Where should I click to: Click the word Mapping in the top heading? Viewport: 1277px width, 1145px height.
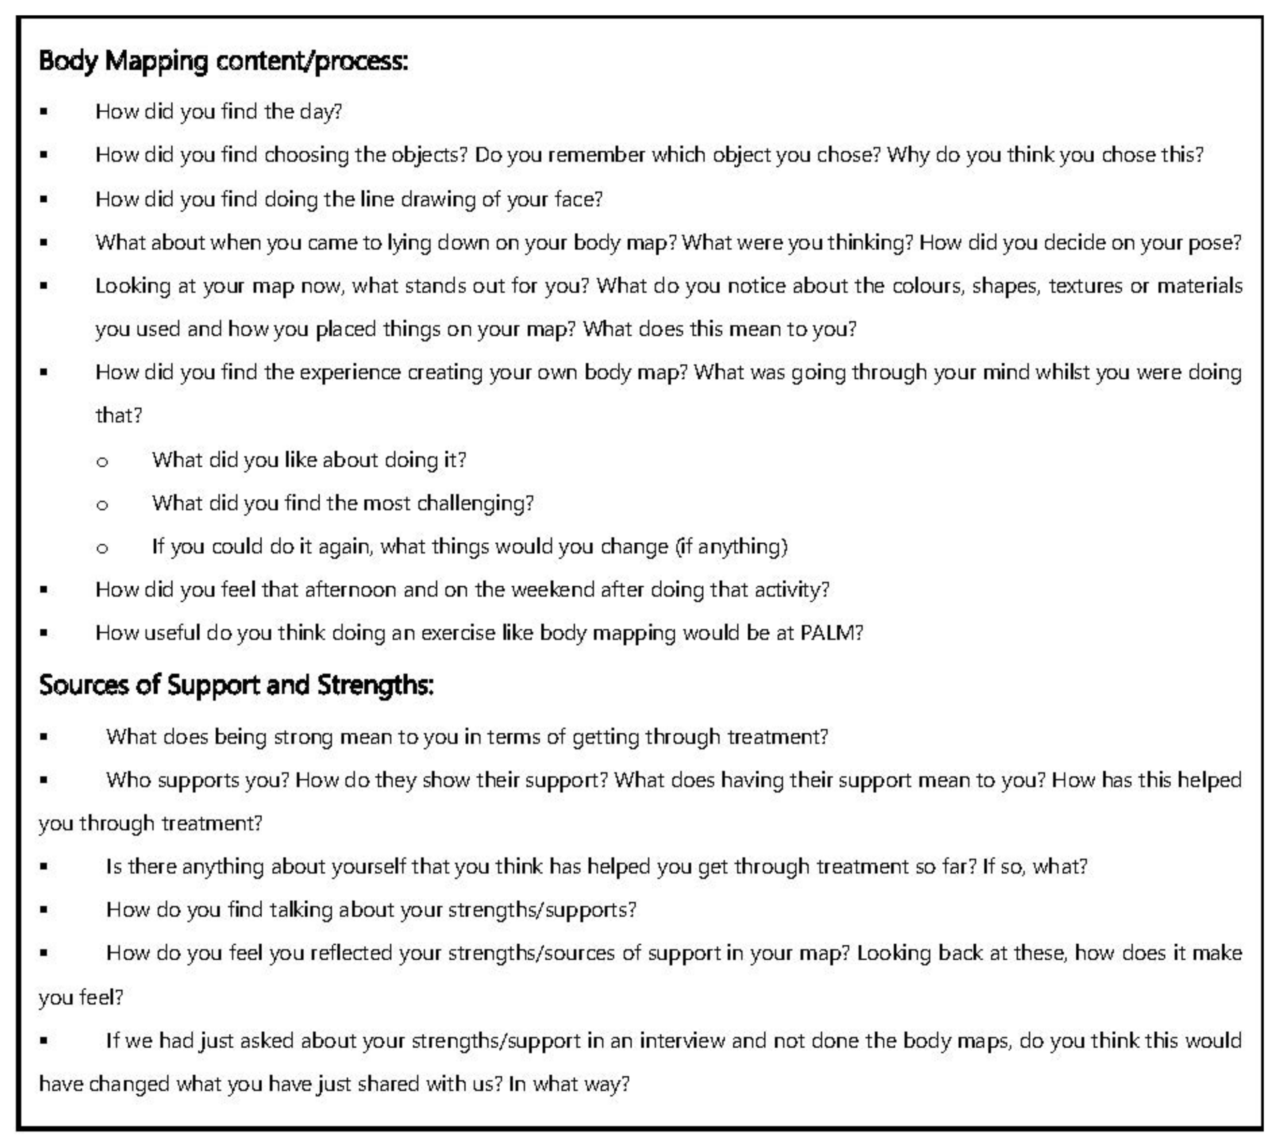(x=156, y=61)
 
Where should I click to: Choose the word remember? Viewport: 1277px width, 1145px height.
(x=596, y=155)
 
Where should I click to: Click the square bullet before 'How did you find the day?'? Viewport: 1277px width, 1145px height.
(x=44, y=112)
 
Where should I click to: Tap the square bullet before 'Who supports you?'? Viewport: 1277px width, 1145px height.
(x=44, y=780)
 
